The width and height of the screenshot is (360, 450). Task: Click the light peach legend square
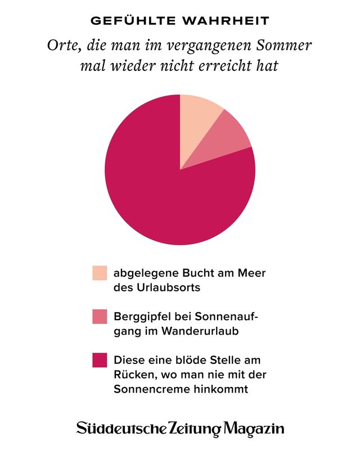coord(100,273)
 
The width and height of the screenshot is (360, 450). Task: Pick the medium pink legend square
coord(100,317)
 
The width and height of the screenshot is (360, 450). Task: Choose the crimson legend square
coord(100,360)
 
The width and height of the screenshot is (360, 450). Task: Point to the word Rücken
coord(134,374)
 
